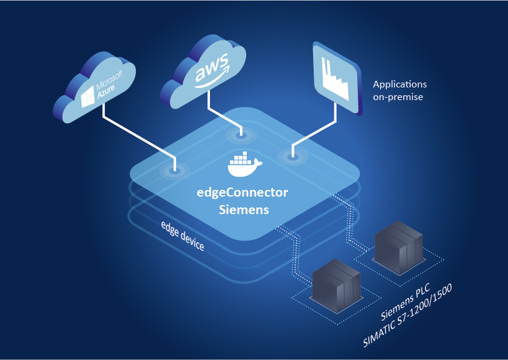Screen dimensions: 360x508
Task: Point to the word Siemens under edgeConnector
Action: (244, 210)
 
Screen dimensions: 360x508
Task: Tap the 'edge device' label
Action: (183, 236)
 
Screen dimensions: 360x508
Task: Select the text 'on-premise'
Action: (398, 96)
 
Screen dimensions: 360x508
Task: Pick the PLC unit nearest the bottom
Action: (336, 283)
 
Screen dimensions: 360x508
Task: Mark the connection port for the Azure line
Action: (174, 171)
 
